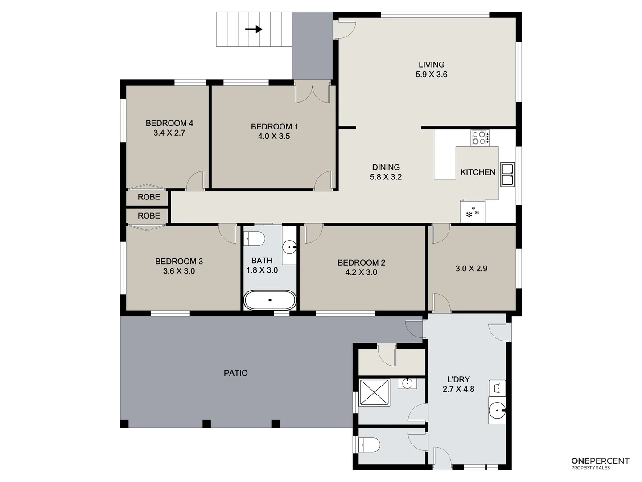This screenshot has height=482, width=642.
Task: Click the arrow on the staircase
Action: point(254,29)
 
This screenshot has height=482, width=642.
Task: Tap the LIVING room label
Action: point(431,65)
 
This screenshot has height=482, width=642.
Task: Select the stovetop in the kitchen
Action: point(480,137)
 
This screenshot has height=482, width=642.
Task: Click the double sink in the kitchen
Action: point(507,174)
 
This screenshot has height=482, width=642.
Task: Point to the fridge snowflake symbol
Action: point(472,213)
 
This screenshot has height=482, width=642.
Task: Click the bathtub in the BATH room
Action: point(270,300)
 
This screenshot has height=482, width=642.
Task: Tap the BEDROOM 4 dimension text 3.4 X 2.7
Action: point(169,133)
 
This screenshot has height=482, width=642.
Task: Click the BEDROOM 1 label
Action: point(274,127)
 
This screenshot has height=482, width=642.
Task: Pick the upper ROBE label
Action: point(148,197)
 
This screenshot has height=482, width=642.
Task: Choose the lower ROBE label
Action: point(148,216)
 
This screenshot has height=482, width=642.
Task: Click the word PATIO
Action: point(235,373)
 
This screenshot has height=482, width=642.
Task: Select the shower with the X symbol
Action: point(374,392)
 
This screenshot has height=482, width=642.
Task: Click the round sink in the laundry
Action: point(497,409)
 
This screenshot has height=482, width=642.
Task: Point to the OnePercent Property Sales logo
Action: point(600,463)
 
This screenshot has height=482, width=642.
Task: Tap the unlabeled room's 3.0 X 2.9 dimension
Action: point(471,269)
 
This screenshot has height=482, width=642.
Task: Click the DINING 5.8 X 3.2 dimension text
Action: point(386,177)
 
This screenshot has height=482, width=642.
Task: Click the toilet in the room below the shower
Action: point(370,445)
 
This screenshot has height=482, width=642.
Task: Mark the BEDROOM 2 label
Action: point(361,263)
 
